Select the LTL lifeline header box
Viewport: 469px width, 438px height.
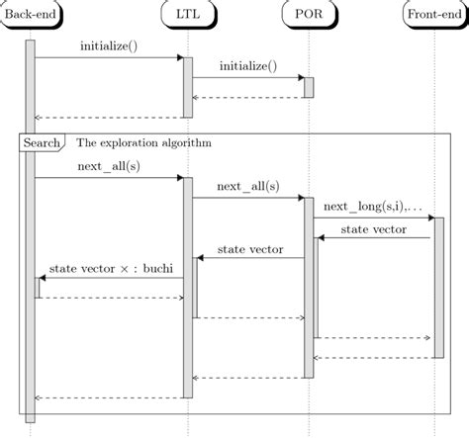[186, 14]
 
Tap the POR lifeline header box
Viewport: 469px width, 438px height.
[308, 14]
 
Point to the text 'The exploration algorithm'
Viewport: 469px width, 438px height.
[143, 142]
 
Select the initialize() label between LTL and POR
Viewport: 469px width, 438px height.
[247, 66]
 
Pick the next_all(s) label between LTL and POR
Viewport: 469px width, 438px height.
[247, 186]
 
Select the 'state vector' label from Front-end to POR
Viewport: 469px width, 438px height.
[373, 228]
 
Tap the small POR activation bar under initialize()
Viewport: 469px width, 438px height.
[309, 87]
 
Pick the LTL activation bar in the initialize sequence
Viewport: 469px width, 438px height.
[187, 86]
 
